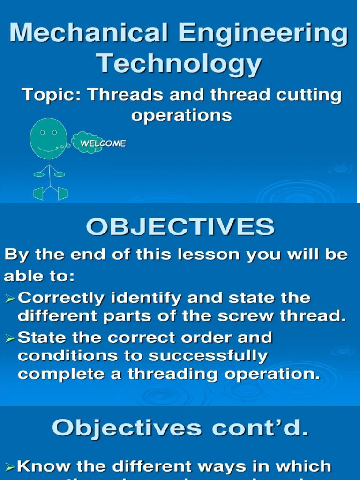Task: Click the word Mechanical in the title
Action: coord(86,34)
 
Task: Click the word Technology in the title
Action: coord(180,63)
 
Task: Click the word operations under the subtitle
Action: coord(181,115)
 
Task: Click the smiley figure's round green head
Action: coord(48,138)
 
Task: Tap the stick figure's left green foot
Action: coord(39,193)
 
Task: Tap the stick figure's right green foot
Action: coord(63,193)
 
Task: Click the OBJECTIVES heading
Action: coord(180,228)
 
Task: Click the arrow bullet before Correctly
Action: coord(10,299)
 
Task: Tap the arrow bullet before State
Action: coord(10,338)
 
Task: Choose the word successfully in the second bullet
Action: coord(208,356)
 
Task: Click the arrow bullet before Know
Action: coord(10,466)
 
